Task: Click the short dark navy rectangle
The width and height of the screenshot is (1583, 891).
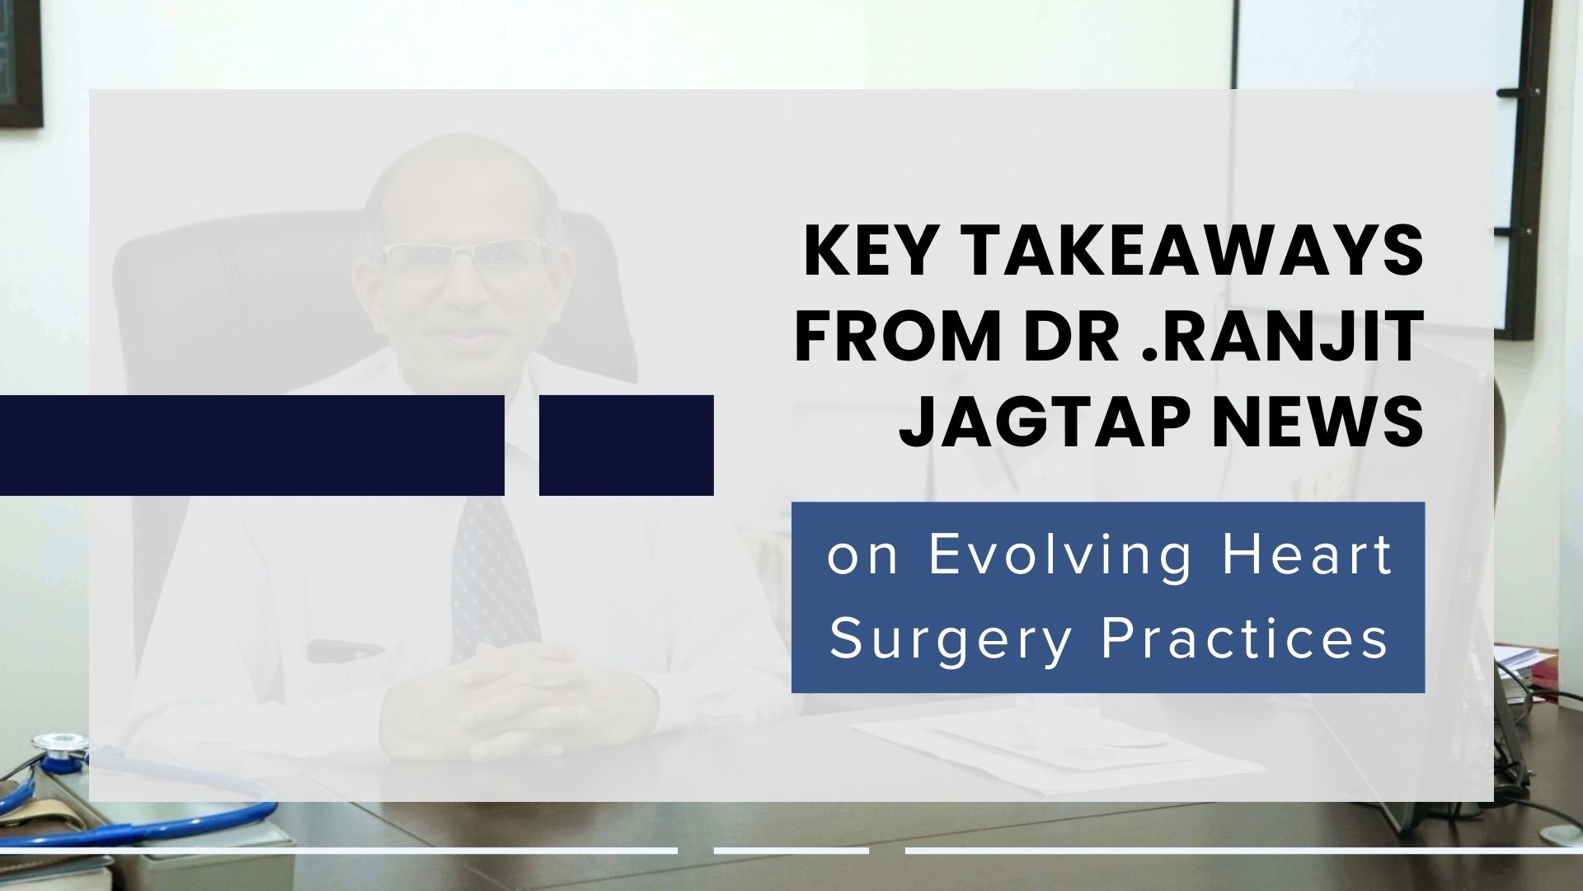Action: click(626, 445)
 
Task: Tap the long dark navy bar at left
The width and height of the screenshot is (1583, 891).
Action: click(251, 445)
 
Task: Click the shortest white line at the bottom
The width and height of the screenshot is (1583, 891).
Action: click(791, 850)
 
